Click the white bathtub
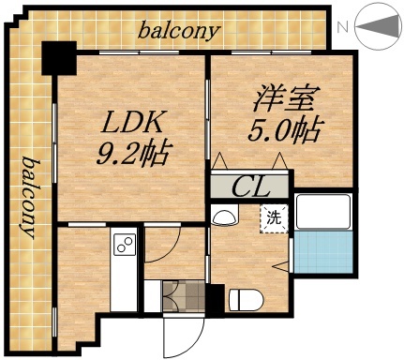point(322,213)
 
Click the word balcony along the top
point(179,31)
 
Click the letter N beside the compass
point(344,28)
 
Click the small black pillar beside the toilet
point(215,300)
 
